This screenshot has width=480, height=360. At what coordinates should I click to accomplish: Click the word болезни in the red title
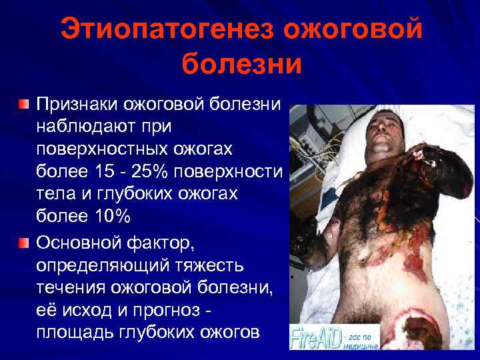(x=241, y=65)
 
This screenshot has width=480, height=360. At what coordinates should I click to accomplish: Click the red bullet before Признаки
(x=24, y=105)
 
